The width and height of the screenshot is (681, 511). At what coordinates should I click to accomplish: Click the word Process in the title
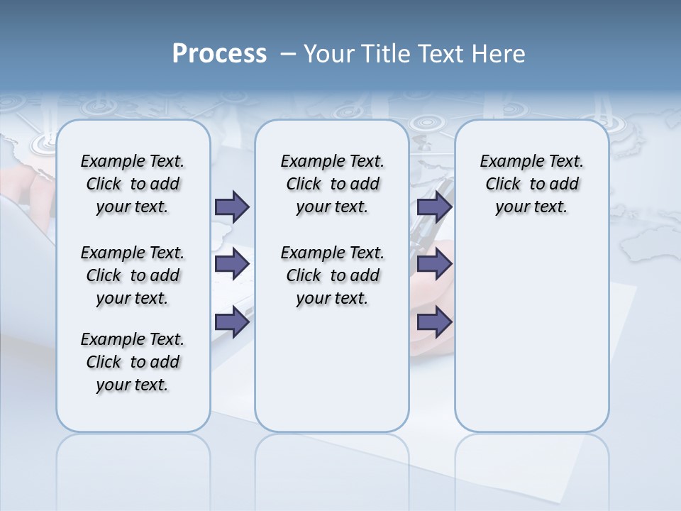[x=219, y=54]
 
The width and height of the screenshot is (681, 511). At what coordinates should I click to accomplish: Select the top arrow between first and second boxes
[x=232, y=207]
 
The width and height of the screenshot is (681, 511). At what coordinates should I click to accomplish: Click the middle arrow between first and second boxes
[x=232, y=264]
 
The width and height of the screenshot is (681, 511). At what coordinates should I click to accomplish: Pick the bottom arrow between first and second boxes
[x=232, y=322]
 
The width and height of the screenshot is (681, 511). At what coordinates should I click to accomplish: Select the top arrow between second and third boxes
[x=434, y=207]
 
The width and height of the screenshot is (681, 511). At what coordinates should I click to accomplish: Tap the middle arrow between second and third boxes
[x=434, y=264]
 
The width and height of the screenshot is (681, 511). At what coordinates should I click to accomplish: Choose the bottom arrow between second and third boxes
[x=434, y=322]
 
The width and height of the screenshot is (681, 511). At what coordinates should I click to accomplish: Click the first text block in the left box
[x=133, y=184]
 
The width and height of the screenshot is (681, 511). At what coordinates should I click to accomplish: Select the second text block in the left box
[x=133, y=275]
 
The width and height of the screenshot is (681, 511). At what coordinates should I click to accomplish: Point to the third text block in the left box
[x=133, y=362]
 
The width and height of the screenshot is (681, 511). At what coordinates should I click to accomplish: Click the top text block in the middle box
[x=332, y=184]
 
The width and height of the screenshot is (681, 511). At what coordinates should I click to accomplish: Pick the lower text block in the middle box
[x=332, y=275]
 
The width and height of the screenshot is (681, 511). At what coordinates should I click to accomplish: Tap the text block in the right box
[x=531, y=184]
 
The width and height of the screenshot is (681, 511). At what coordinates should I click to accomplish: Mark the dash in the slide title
[x=288, y=54]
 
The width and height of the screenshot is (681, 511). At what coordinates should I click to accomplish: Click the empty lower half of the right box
[x=531, y=341]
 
